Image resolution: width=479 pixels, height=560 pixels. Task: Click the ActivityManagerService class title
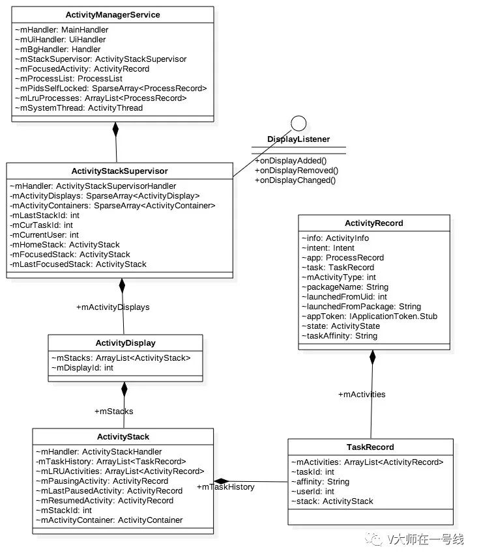(113, 14)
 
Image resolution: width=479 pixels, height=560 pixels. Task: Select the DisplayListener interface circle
(298, 123)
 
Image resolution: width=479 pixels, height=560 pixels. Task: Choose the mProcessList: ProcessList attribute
(67, 79)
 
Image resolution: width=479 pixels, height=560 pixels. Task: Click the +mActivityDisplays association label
(113, 307)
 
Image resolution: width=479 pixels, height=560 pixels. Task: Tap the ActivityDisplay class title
(125, 343)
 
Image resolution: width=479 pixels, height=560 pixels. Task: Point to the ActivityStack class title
(123, 437)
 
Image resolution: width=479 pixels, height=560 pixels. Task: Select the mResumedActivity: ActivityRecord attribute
(104, 501)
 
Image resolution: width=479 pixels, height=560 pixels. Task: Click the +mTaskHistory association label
(225, 487)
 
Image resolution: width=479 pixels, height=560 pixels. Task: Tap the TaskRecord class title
(370, 447)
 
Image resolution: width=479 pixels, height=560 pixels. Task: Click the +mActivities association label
(362, 394)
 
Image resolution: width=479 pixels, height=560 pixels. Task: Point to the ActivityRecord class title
(374, 223)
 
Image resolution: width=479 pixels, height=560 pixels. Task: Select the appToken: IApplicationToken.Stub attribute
(370, 316)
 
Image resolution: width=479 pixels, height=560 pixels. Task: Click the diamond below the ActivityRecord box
(373, 356)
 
